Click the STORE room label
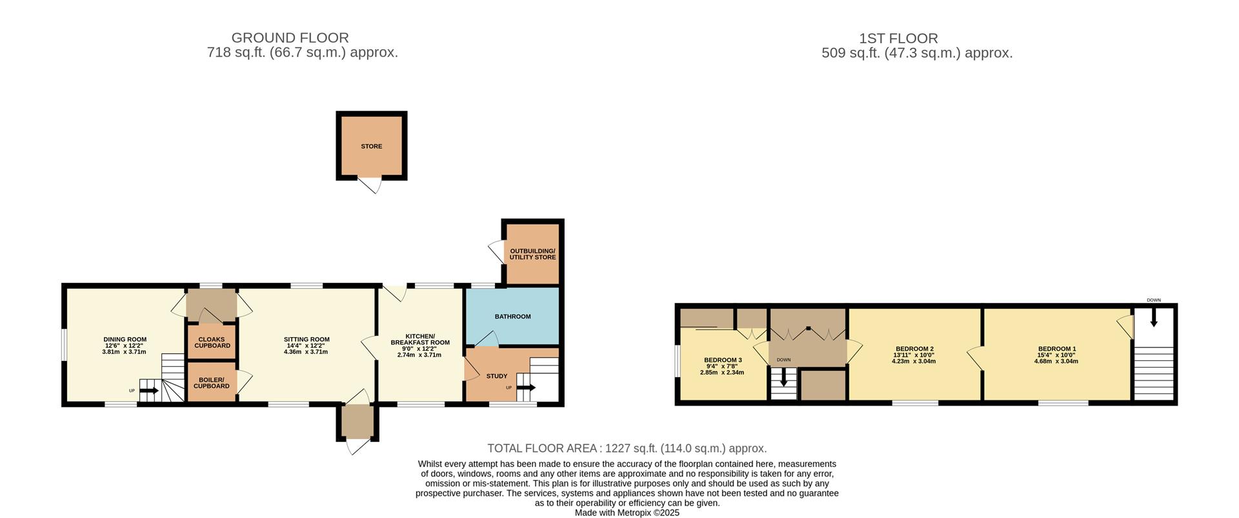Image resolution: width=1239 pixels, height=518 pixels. (x=371, y=147)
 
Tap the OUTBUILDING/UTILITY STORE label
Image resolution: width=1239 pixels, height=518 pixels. (x=532, y=254)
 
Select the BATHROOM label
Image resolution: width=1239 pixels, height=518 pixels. (x=512, y=316)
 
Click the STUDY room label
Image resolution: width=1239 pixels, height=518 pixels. (x=497, y=376)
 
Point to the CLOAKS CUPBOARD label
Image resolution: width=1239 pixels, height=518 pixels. (x=212, y=342)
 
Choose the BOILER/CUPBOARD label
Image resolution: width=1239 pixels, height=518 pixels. (x=212, y=383)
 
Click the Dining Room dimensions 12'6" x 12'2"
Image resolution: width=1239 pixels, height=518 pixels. (x=125, y=346)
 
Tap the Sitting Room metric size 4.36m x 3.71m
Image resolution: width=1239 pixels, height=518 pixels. (x=307, y=352)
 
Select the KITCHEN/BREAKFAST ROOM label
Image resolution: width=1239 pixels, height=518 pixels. (x=420, y=339)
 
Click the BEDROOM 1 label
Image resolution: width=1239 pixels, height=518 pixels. (x=1056, y=349)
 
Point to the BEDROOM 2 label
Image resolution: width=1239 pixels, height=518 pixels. (x=914, y=349)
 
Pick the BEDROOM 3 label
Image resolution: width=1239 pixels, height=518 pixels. (x=722, y=360)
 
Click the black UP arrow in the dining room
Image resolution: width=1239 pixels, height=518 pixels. (x=149, y=390)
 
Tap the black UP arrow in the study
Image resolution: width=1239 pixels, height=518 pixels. (x=526, y=388)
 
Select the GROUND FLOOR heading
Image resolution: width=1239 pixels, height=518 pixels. (x=290, y=38)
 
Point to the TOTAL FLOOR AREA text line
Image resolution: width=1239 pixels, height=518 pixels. (x=627, y=448)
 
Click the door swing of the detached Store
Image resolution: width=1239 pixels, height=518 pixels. (x=371, y=186)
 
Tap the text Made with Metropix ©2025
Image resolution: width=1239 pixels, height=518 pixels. (x=627, y=513)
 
